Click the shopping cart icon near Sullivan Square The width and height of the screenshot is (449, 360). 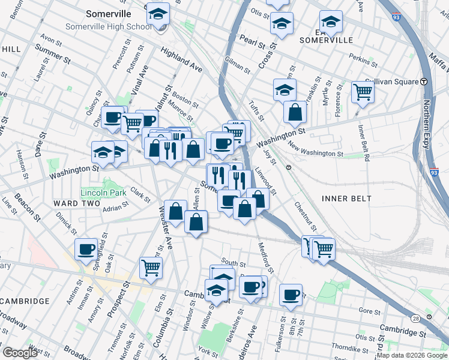click(x=363, y=92)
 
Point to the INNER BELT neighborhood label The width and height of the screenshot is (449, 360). click(x=346, y=198)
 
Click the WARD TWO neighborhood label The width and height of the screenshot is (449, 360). click(x=74, y=203)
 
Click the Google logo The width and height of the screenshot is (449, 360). click(x=20, y=352)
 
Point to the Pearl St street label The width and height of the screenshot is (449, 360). click(x=252, y=41)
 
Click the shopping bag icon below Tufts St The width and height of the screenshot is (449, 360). click(x=295, y=112)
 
